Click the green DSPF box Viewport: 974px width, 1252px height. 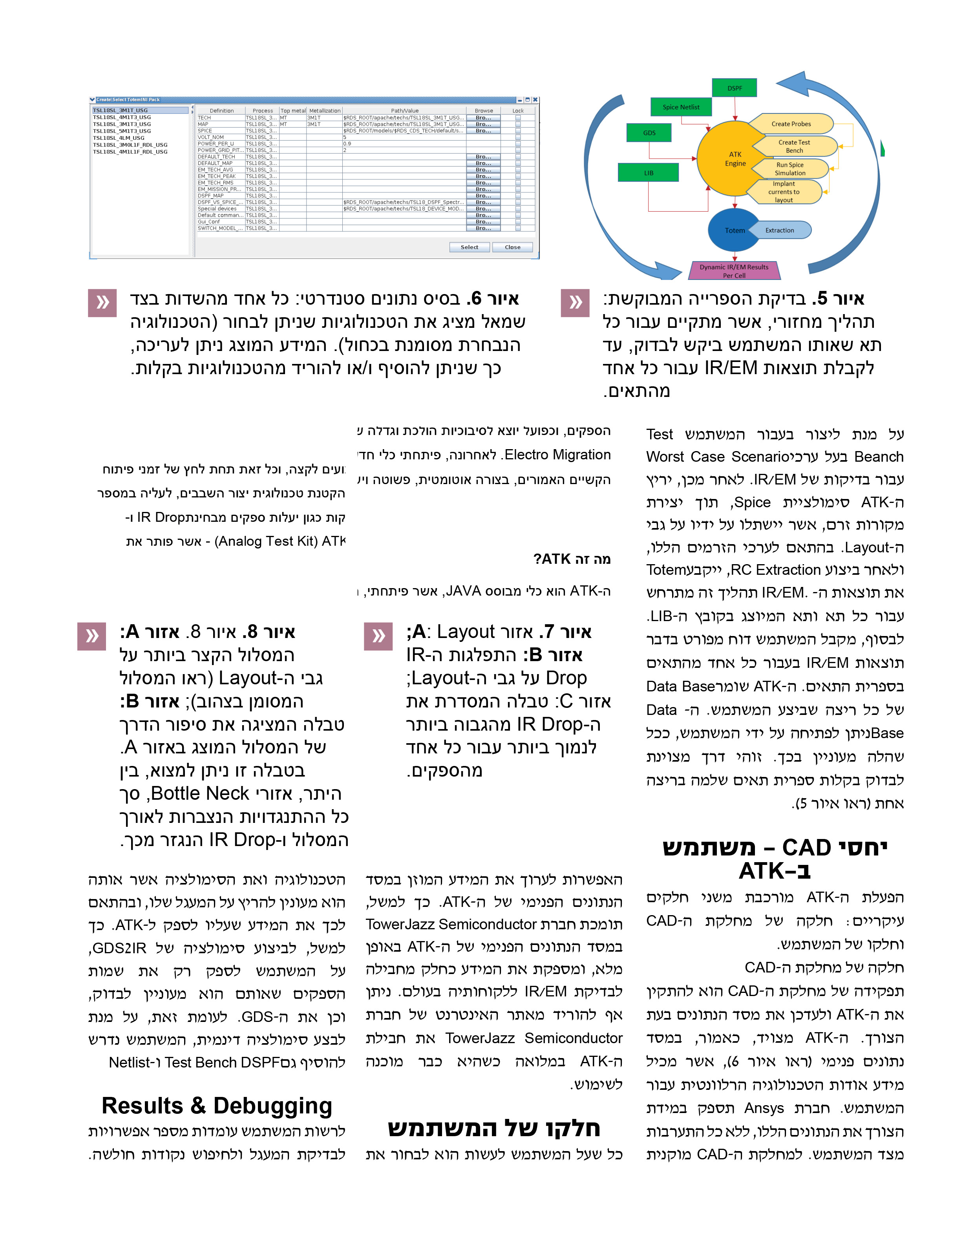[x=735, y=88]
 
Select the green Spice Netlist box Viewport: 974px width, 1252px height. [x=681, y=107]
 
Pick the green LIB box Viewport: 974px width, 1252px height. [x=649, y=173]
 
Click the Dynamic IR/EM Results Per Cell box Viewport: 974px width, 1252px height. [x=735, y=271]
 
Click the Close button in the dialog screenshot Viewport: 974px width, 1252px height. [x=512, y=247]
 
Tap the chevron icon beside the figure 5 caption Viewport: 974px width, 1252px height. [x=575, y=303]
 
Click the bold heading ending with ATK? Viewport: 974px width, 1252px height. [x=572, y=559]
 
